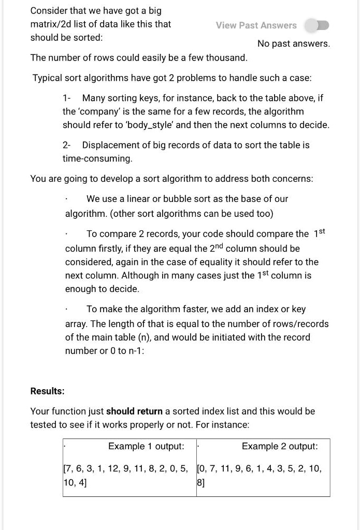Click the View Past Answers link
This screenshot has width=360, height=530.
click(x=256, y=25)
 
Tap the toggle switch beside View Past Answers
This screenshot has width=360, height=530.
click(x=316, y=25)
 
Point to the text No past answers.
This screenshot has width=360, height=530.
click(x=293, y=43)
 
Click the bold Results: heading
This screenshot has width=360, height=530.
click(x=48, y=391)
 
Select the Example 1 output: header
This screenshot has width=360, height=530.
click(x=146, y=446)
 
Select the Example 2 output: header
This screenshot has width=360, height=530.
click(x=280, y=446)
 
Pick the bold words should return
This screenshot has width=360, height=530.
click(x=134, y=411)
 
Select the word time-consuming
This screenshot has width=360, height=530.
click(x=97, y=158)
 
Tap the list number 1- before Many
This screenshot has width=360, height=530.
click(x=67, y=98)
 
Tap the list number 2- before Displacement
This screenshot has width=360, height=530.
click(x=68, y=145)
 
